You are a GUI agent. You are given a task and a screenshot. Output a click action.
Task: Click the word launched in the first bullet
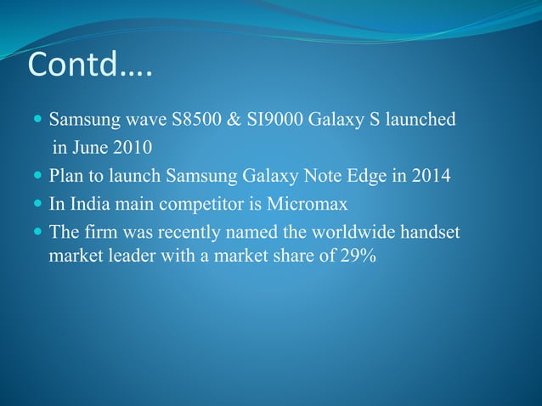[x=421, y=118]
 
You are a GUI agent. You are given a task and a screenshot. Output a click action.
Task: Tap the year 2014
[x=433, y=177]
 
